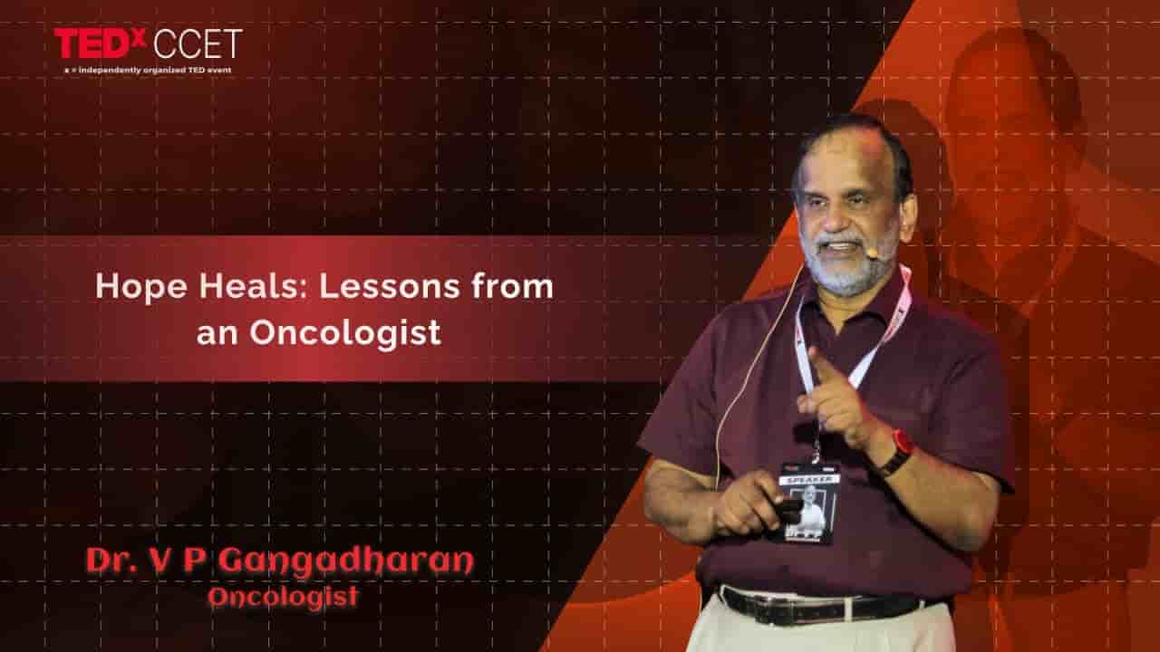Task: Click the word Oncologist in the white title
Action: coord(345,332)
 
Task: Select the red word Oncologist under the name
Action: coord(283,598)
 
